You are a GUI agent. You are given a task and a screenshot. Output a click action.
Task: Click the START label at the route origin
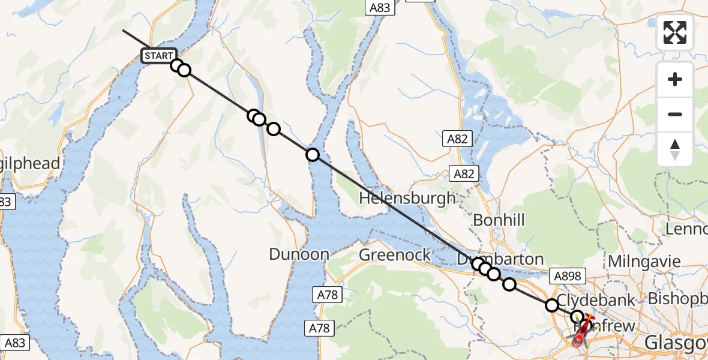click(x=158, y=56)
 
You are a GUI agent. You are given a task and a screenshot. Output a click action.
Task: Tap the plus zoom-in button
click(x=675, y=79)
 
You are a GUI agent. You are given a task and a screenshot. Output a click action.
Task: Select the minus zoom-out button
click(x=675, y=114)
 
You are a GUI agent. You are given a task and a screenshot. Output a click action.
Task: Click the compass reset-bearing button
click(x=675, y=149)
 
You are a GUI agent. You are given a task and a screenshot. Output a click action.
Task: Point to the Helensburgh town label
click(x=407, y=198)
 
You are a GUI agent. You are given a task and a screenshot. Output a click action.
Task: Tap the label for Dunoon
click(x=299, y=254)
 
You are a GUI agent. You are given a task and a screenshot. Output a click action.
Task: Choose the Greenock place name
click(x=395, y=255)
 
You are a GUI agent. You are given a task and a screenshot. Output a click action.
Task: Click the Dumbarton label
click(x=501, y=259)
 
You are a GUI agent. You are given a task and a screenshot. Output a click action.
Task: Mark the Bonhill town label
click(x=499, y=220)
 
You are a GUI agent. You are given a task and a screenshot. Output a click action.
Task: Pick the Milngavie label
click(x=644, y=262)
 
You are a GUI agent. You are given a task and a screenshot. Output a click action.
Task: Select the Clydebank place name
click(x=596, y=300)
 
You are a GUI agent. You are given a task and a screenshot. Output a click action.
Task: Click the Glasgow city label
click(x=676, y=343)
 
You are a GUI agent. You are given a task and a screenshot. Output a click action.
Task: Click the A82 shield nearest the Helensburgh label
click(x=464, y=175)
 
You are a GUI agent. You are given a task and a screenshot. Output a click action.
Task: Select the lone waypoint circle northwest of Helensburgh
click(x=312, y=155)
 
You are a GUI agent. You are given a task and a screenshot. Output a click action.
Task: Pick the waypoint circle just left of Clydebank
click(x=551, y=305)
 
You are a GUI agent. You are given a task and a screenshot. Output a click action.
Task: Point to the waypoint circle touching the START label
click(x=176, y=65)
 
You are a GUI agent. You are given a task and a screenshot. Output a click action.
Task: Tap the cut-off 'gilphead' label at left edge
click(x=30, y=163)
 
